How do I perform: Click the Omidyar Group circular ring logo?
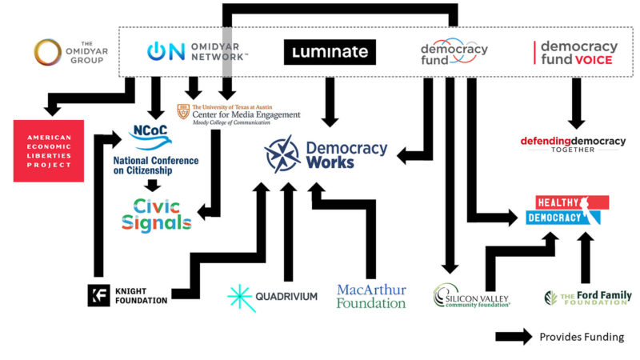[49, 52]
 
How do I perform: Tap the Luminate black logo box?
[330, 52]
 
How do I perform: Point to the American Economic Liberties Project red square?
[49, 150]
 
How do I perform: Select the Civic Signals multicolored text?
[157, 214]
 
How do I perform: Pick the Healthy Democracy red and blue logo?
[567, 210]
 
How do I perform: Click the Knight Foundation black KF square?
[98, 295]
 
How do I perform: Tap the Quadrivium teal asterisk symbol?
[240, 296]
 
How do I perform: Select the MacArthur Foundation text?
[371, 295]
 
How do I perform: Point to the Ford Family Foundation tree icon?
[551, 297]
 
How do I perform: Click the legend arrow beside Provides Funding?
[514, 337]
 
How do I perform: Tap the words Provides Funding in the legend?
[582, 337]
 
